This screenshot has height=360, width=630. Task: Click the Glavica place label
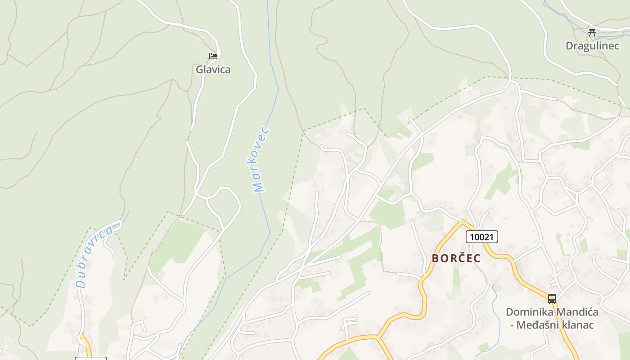tap(213, 69)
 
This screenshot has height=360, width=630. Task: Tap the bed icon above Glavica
tap(213, 56)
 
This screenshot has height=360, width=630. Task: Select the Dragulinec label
tap(592, 45)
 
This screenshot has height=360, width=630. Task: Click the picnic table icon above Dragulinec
tap(592, 32)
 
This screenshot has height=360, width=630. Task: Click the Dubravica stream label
tap(94, 257)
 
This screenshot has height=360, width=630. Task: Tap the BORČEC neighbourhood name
tap(456, 258)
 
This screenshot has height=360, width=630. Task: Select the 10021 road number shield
tap(482, 237)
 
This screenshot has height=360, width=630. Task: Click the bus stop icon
tap(552, 298)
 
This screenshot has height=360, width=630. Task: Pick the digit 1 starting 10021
tap(470, 237)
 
